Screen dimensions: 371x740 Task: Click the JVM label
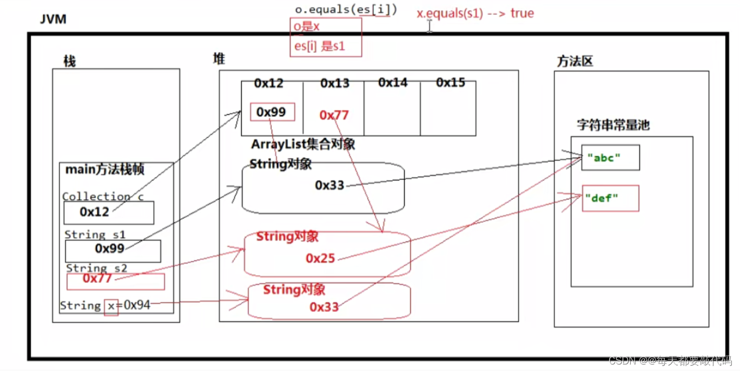[x=52, y=19]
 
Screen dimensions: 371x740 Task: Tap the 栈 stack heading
[x=70, y=61]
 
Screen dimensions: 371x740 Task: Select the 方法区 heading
[x=575, y=61]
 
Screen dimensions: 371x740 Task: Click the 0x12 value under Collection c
[x=95, y=212]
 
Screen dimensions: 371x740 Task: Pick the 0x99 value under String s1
[x=110, y=249]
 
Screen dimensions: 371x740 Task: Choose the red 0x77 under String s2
[x=97, y=278]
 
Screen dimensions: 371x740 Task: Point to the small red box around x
[x=111, y=307]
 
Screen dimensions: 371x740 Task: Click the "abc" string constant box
[x=610, y=158]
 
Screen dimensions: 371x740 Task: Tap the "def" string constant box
[x=610, y=198]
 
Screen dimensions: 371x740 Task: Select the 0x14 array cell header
[x=393, y=83]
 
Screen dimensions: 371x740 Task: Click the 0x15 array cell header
[x=451, y=83]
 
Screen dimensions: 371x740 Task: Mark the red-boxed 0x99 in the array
[x=273, y=112]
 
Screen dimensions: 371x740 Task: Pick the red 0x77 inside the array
[x=334, y=115]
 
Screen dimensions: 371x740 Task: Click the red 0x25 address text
[x=320, y=259]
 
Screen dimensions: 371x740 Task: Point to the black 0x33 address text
[x=329, y=185]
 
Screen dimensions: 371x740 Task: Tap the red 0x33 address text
[x=324, y=307]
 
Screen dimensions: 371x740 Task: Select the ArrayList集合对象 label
[x=303, y=145]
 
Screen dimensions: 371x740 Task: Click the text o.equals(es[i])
[x=346, y=10]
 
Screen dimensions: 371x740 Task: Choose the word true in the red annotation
[x=522, y=13]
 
